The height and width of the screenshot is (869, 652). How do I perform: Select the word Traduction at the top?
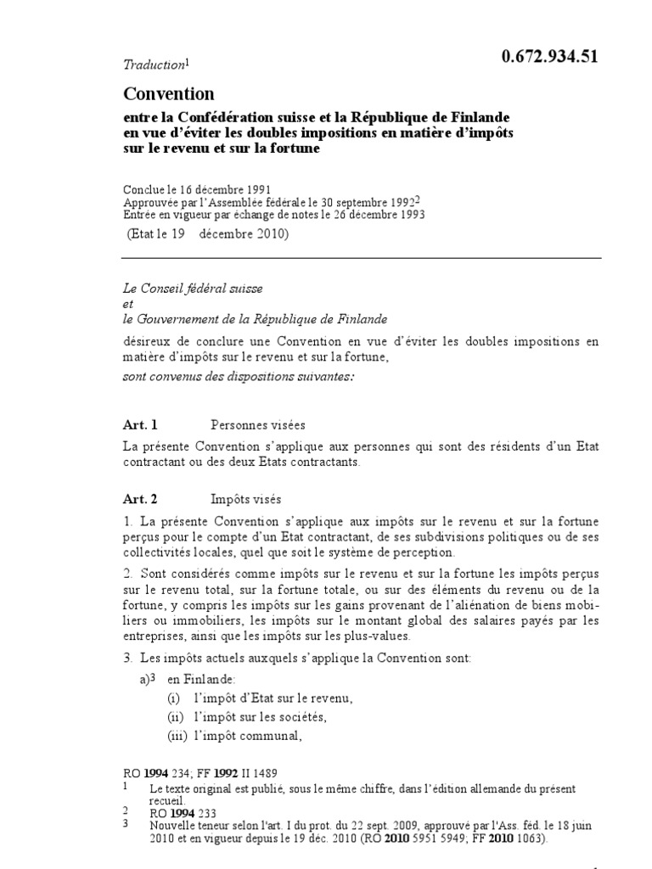(x=153, y=64)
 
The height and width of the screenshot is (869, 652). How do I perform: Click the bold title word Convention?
(x=169, y=93)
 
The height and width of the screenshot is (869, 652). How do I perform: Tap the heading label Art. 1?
(x=141, y=423)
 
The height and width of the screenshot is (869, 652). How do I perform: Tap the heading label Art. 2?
(x=141, y=500)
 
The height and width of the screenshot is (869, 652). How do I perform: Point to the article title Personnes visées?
(x=257, y=424)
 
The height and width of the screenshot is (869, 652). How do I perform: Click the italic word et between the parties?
(x=127, y=304)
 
